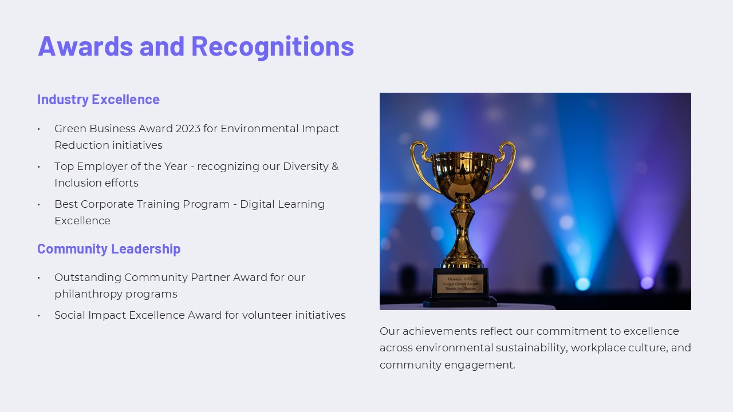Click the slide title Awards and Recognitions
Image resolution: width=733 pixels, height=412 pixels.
click(x=196, y=46)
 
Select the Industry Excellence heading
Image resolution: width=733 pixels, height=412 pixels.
click(x=98, y=100)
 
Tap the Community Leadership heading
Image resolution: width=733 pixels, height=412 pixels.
click(x=109, y=249)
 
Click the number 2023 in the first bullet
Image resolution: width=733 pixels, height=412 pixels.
click(x=188, y=129)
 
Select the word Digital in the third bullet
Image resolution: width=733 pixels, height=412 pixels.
click(x=257, y=204)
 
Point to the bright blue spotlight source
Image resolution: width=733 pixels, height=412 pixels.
click(x=582, y=284)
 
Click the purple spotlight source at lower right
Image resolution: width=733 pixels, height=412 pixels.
click(x=647, y=283)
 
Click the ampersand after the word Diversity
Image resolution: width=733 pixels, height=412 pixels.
click(x=335, y=167)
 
